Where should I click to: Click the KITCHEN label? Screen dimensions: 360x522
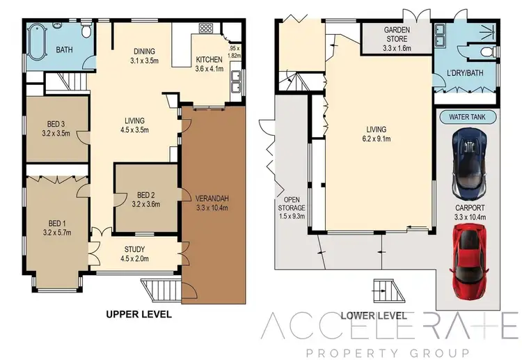pos(208,60)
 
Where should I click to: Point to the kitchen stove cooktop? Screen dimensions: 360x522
pos(206,29)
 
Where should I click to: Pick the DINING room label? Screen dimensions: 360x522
pos(144,51)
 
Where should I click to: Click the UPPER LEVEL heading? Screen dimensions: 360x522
pos(139,315)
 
